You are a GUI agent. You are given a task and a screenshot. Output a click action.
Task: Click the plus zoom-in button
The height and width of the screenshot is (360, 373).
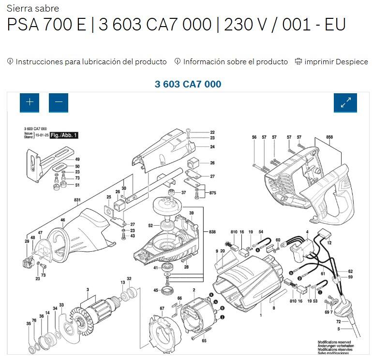[x=30, y=102]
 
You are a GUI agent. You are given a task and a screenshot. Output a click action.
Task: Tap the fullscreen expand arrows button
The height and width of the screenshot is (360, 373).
[x=345, y=102]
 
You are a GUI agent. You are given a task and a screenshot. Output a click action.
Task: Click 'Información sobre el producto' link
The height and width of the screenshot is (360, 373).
[x=235, y=62]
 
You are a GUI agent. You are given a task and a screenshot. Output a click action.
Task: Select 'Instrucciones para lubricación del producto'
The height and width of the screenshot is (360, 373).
[x=91, y=62]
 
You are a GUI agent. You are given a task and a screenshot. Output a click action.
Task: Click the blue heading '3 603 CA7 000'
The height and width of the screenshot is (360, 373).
[x=188, y=84]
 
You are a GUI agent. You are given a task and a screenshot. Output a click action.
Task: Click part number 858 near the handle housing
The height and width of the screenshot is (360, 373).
[x=329, y=137]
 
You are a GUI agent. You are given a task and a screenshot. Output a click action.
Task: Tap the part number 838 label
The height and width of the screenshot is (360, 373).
[x=212, y=232]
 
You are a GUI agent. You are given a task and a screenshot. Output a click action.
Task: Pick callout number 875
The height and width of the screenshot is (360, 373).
[x=212, y=193]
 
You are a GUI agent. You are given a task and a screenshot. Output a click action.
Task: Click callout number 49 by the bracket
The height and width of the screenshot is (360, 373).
[x=77, y=159]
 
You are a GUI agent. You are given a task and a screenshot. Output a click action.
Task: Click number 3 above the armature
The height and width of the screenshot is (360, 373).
[x=88, y=289]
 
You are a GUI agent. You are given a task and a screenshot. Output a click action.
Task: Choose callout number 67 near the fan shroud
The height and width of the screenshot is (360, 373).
[x=162, y=308]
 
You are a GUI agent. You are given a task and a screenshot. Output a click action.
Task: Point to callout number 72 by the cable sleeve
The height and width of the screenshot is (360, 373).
[x=339, y=321]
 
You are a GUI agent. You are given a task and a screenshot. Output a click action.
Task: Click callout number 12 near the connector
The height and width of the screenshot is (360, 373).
[x=329, y=243]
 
